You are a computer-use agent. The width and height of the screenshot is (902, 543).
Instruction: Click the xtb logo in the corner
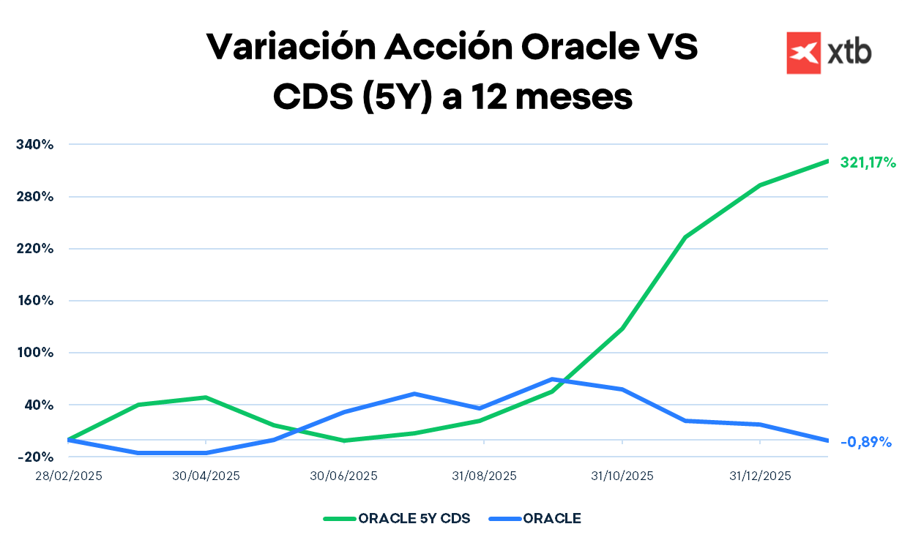tap(829, 53)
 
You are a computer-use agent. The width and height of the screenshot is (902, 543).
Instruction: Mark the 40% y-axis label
tap(40, 405)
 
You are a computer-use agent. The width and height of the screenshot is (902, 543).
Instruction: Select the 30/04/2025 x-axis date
tap(206, 476)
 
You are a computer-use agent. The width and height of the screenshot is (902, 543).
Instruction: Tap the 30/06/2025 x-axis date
tap(344, 476)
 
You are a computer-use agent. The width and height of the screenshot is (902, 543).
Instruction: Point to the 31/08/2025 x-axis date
tap(484, 476)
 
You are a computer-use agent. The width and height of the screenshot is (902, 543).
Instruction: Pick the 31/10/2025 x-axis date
tap(622, 476)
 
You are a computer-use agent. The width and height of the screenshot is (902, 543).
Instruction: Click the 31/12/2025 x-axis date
tap(760, 476)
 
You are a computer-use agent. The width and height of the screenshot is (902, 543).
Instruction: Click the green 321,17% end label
tap(868, 162)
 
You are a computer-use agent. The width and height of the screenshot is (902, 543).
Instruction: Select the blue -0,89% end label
tap(865, 442)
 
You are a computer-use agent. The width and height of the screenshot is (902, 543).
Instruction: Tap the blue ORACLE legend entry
tap(551, 519)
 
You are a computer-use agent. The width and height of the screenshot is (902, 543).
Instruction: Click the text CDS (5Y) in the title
tap(350, 97)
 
